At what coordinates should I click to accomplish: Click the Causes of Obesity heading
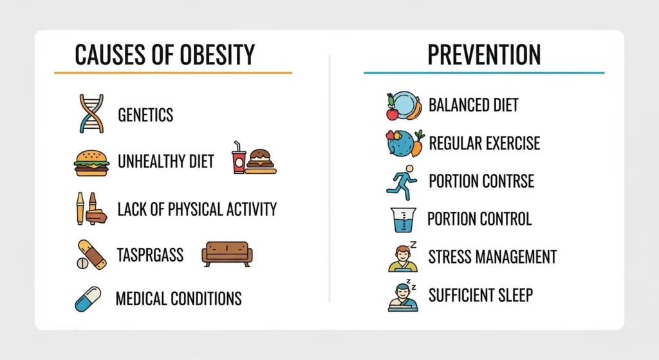click(165, 56)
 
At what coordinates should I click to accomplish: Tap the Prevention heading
click(485, 56)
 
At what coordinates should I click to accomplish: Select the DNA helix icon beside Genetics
click(91, 114)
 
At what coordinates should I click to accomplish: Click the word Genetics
click(145, 115)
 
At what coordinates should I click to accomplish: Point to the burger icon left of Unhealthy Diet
click(91, 161)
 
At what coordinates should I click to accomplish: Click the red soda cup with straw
click(239, 158)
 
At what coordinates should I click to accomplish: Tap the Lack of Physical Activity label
click(197, 209)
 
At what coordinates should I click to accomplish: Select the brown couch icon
click(227, 254)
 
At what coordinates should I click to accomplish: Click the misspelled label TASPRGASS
click(151, 255)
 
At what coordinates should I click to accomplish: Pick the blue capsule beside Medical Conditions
click(88, 299)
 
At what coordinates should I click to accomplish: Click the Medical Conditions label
click(178, 299)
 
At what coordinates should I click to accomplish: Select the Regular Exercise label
click(484, 142)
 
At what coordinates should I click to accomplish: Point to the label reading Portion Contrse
click(481, 180)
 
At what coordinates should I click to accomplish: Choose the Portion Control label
click(479, 219)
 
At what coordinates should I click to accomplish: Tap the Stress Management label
click(492, 257)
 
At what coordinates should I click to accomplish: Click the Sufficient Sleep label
click(480, 296)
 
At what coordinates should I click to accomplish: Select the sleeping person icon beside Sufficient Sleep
click(403, 296)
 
